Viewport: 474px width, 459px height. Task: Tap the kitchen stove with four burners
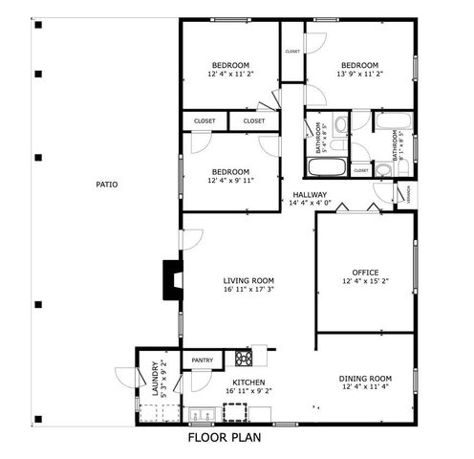244,359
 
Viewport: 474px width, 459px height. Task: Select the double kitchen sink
202,414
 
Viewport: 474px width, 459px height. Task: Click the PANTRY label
202,361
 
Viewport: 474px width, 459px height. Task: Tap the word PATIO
107,184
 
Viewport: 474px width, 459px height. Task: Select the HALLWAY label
311,193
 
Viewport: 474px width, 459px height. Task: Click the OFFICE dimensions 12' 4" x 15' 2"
365,281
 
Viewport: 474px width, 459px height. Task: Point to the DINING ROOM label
366,378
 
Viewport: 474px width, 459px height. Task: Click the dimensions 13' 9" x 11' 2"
359,74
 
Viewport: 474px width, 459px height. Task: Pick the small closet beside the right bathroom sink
360,170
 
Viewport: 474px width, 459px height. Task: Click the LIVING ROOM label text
248,280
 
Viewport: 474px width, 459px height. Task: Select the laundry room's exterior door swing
125,378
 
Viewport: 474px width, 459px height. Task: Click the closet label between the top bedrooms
291,51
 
